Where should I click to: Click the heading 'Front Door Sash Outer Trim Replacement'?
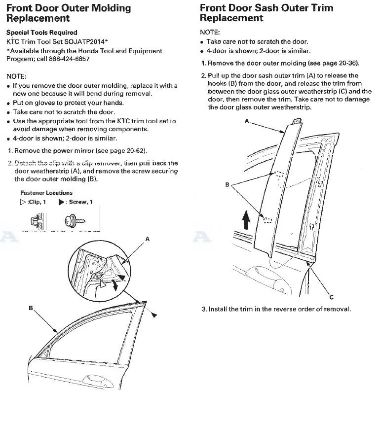[x=266, y=13]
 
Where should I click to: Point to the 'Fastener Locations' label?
[x=46, y=193]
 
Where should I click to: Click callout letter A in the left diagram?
[x=147, y=239]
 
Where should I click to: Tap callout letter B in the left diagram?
[x=31, y=308]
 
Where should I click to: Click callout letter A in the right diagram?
[x=246, y=121]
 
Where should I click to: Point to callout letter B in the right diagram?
[x=227, y=184]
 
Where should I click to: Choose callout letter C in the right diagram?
[x=331, y=297]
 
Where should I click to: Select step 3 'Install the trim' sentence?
[x=276, y=309]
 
